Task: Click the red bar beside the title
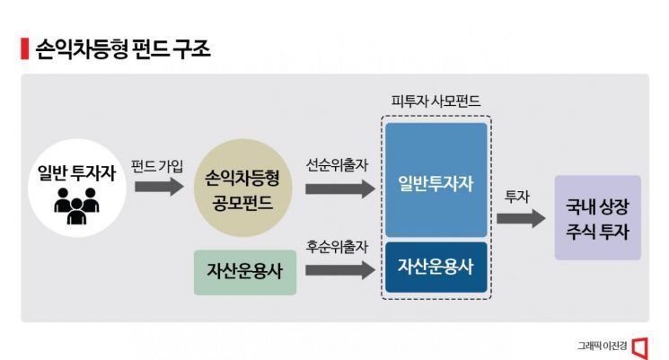coord(25,48)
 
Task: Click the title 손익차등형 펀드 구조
coord(123,49)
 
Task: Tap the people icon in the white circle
coord(77,206)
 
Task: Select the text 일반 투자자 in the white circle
coord(77,173)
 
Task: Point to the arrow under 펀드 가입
coord(159,187)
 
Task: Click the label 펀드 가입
coord(157,166)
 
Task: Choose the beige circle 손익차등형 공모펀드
coord(242,188)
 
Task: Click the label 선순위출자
coord(337,165)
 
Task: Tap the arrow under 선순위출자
coord(340,189)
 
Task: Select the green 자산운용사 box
coord(245,273)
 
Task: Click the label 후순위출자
coord(337,247)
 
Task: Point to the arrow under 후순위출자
coord(340,270)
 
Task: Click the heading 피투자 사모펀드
coord(436,101)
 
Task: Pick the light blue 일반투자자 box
coord(436,180)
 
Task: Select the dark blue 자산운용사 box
coord(436,268)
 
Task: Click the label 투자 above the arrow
coord(517,197)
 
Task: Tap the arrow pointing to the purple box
coord(521,219)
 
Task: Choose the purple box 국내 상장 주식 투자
coord(598,218)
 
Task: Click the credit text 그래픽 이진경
coord(602,346)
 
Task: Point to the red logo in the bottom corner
coord(640,348)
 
